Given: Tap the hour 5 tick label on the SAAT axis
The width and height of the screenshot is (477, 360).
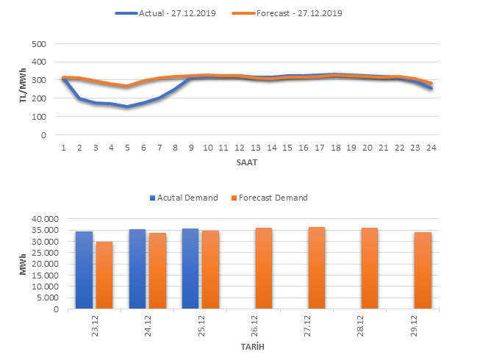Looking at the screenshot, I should [x=127, y=147].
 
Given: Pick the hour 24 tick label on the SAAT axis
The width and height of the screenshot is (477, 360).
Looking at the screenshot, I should [x=430, y=147].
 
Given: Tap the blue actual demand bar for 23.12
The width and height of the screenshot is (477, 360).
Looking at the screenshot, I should [x=85, y=270].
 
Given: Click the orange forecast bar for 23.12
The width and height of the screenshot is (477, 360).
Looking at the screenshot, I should [x=105, y=275].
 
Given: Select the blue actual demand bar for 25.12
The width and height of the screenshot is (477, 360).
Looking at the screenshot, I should [x=190, y=268].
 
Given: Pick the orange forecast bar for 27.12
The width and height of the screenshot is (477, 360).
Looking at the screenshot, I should [x=317, y=267].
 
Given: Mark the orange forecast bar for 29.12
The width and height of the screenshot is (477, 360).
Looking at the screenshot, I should [x=423, y=270].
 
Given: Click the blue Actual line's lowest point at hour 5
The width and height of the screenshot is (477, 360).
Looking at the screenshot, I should [x=127, y=107].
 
